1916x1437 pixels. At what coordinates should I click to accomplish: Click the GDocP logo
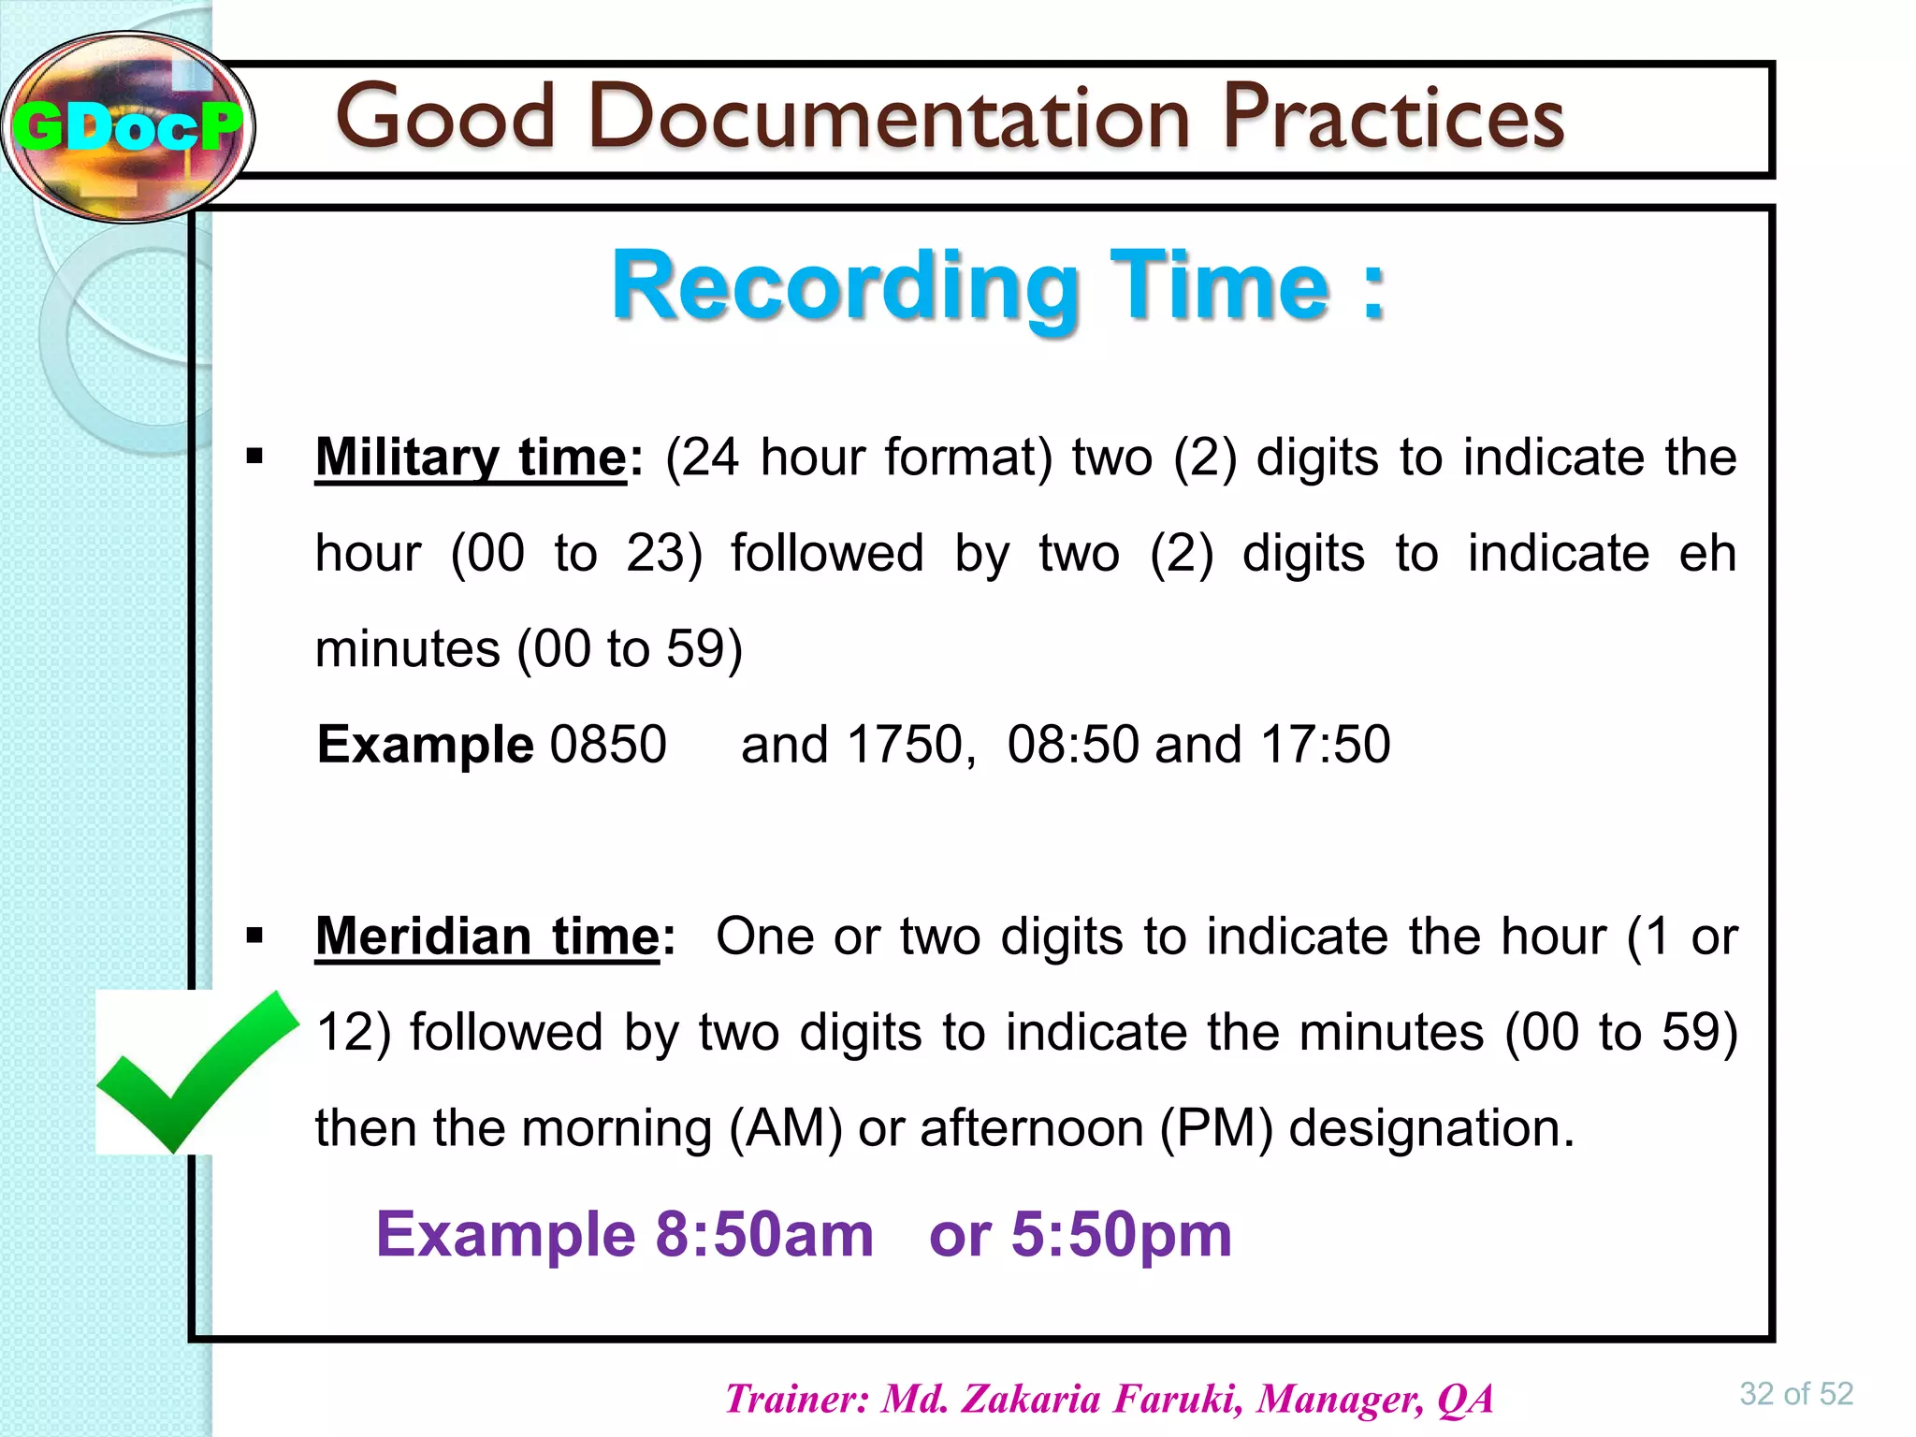point(127,126)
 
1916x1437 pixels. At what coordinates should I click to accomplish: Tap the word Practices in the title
point(1393,118)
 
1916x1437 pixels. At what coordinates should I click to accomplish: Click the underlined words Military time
point(471,458)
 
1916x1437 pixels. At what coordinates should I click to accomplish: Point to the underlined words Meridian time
point(487,937)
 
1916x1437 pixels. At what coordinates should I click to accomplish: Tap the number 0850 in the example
point(608,745)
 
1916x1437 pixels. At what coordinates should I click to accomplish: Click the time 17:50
point(1325,745)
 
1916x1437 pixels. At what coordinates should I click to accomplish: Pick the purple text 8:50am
point(763,1234)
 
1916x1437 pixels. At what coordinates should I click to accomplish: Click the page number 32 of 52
point(1795,1394)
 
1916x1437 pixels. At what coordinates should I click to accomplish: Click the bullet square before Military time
point(254,457)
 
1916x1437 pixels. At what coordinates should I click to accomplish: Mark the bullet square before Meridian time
point(254,936)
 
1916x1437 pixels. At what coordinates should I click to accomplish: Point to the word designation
point(1431,1129)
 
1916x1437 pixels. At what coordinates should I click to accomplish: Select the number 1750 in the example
point(905,745)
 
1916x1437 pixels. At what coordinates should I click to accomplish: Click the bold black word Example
point(426,745)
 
